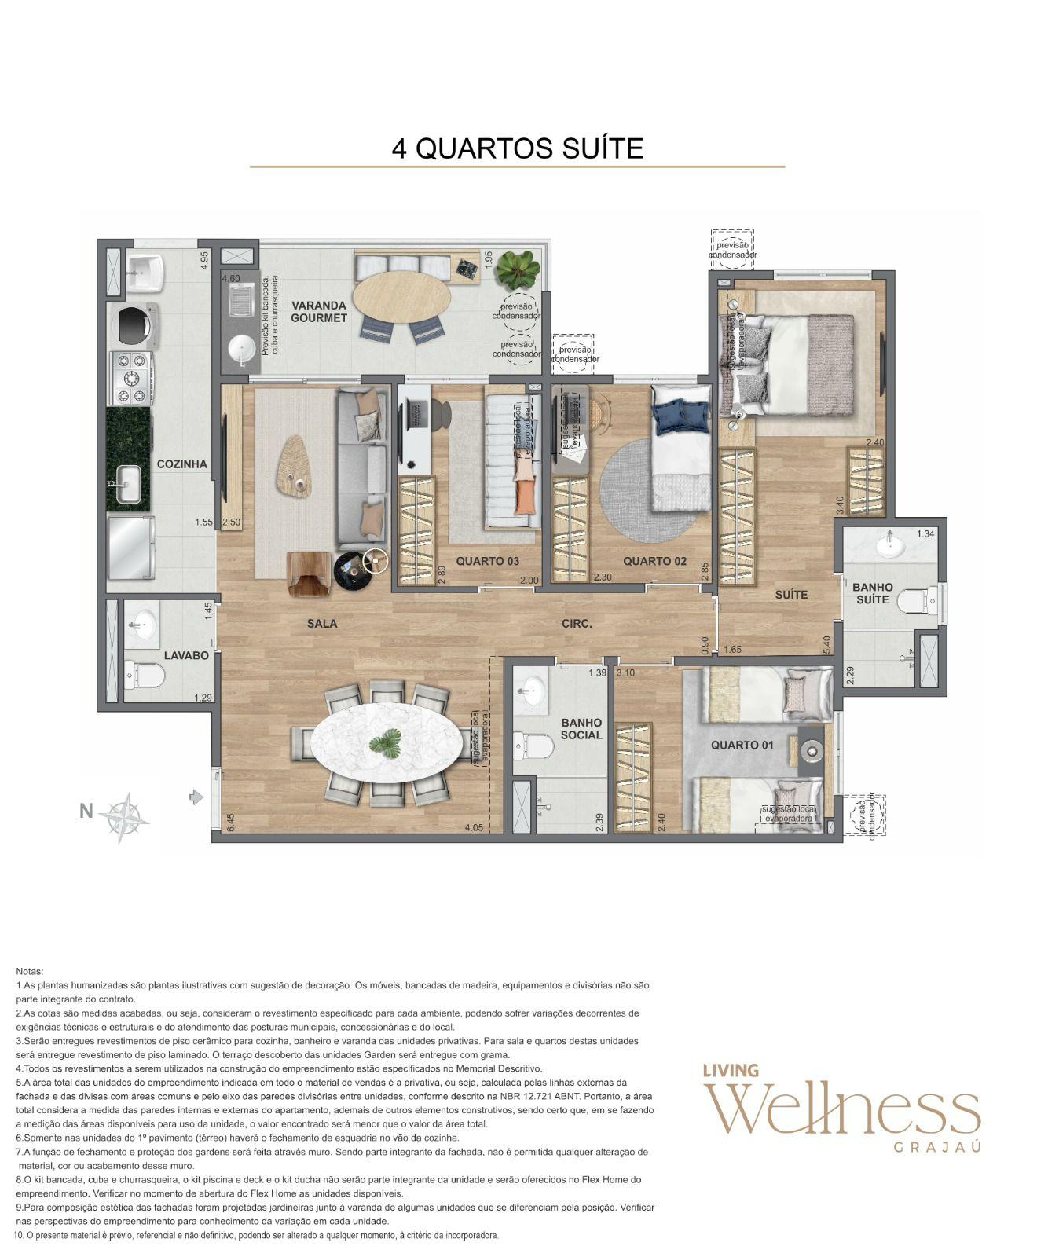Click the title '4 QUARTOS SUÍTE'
517,148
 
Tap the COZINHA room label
181,464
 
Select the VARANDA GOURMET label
318,311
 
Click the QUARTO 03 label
487,561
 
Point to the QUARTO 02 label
654,561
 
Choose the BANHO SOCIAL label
581,729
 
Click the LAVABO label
186,655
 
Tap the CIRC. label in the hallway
577,624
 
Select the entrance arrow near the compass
196,797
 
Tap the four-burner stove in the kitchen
131,379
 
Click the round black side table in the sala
351,570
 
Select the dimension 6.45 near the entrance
231,822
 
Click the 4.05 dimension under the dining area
474,828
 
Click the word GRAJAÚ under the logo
937,1147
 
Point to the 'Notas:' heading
30,972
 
